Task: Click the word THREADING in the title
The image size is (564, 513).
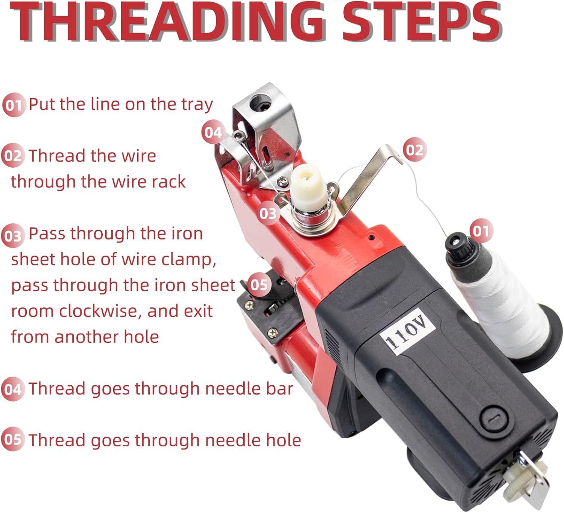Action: (x=168, y=22)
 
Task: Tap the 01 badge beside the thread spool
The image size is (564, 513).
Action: (x=481, y=231)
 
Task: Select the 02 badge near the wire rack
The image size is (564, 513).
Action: (x=414, y=150)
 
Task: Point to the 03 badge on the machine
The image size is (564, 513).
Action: (x=268, y=213)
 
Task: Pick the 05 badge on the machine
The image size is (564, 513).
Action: (x=259, y=284)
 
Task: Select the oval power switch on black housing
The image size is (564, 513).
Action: (x=494, y=419)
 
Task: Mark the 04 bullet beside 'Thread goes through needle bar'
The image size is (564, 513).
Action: (x=13, y=389)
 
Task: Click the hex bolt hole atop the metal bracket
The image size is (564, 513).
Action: (x=260, y=102)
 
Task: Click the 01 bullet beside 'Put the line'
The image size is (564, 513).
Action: (x=14, y=105)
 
